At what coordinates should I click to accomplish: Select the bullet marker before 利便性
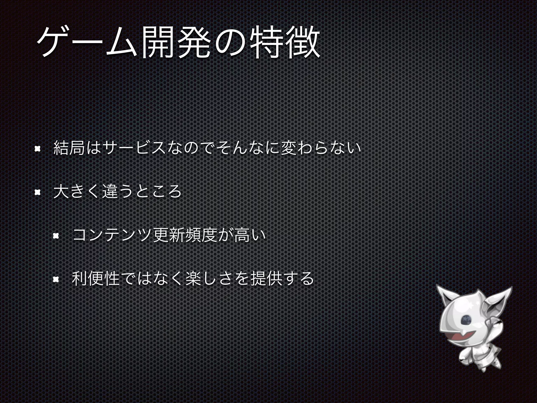point(56,279)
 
